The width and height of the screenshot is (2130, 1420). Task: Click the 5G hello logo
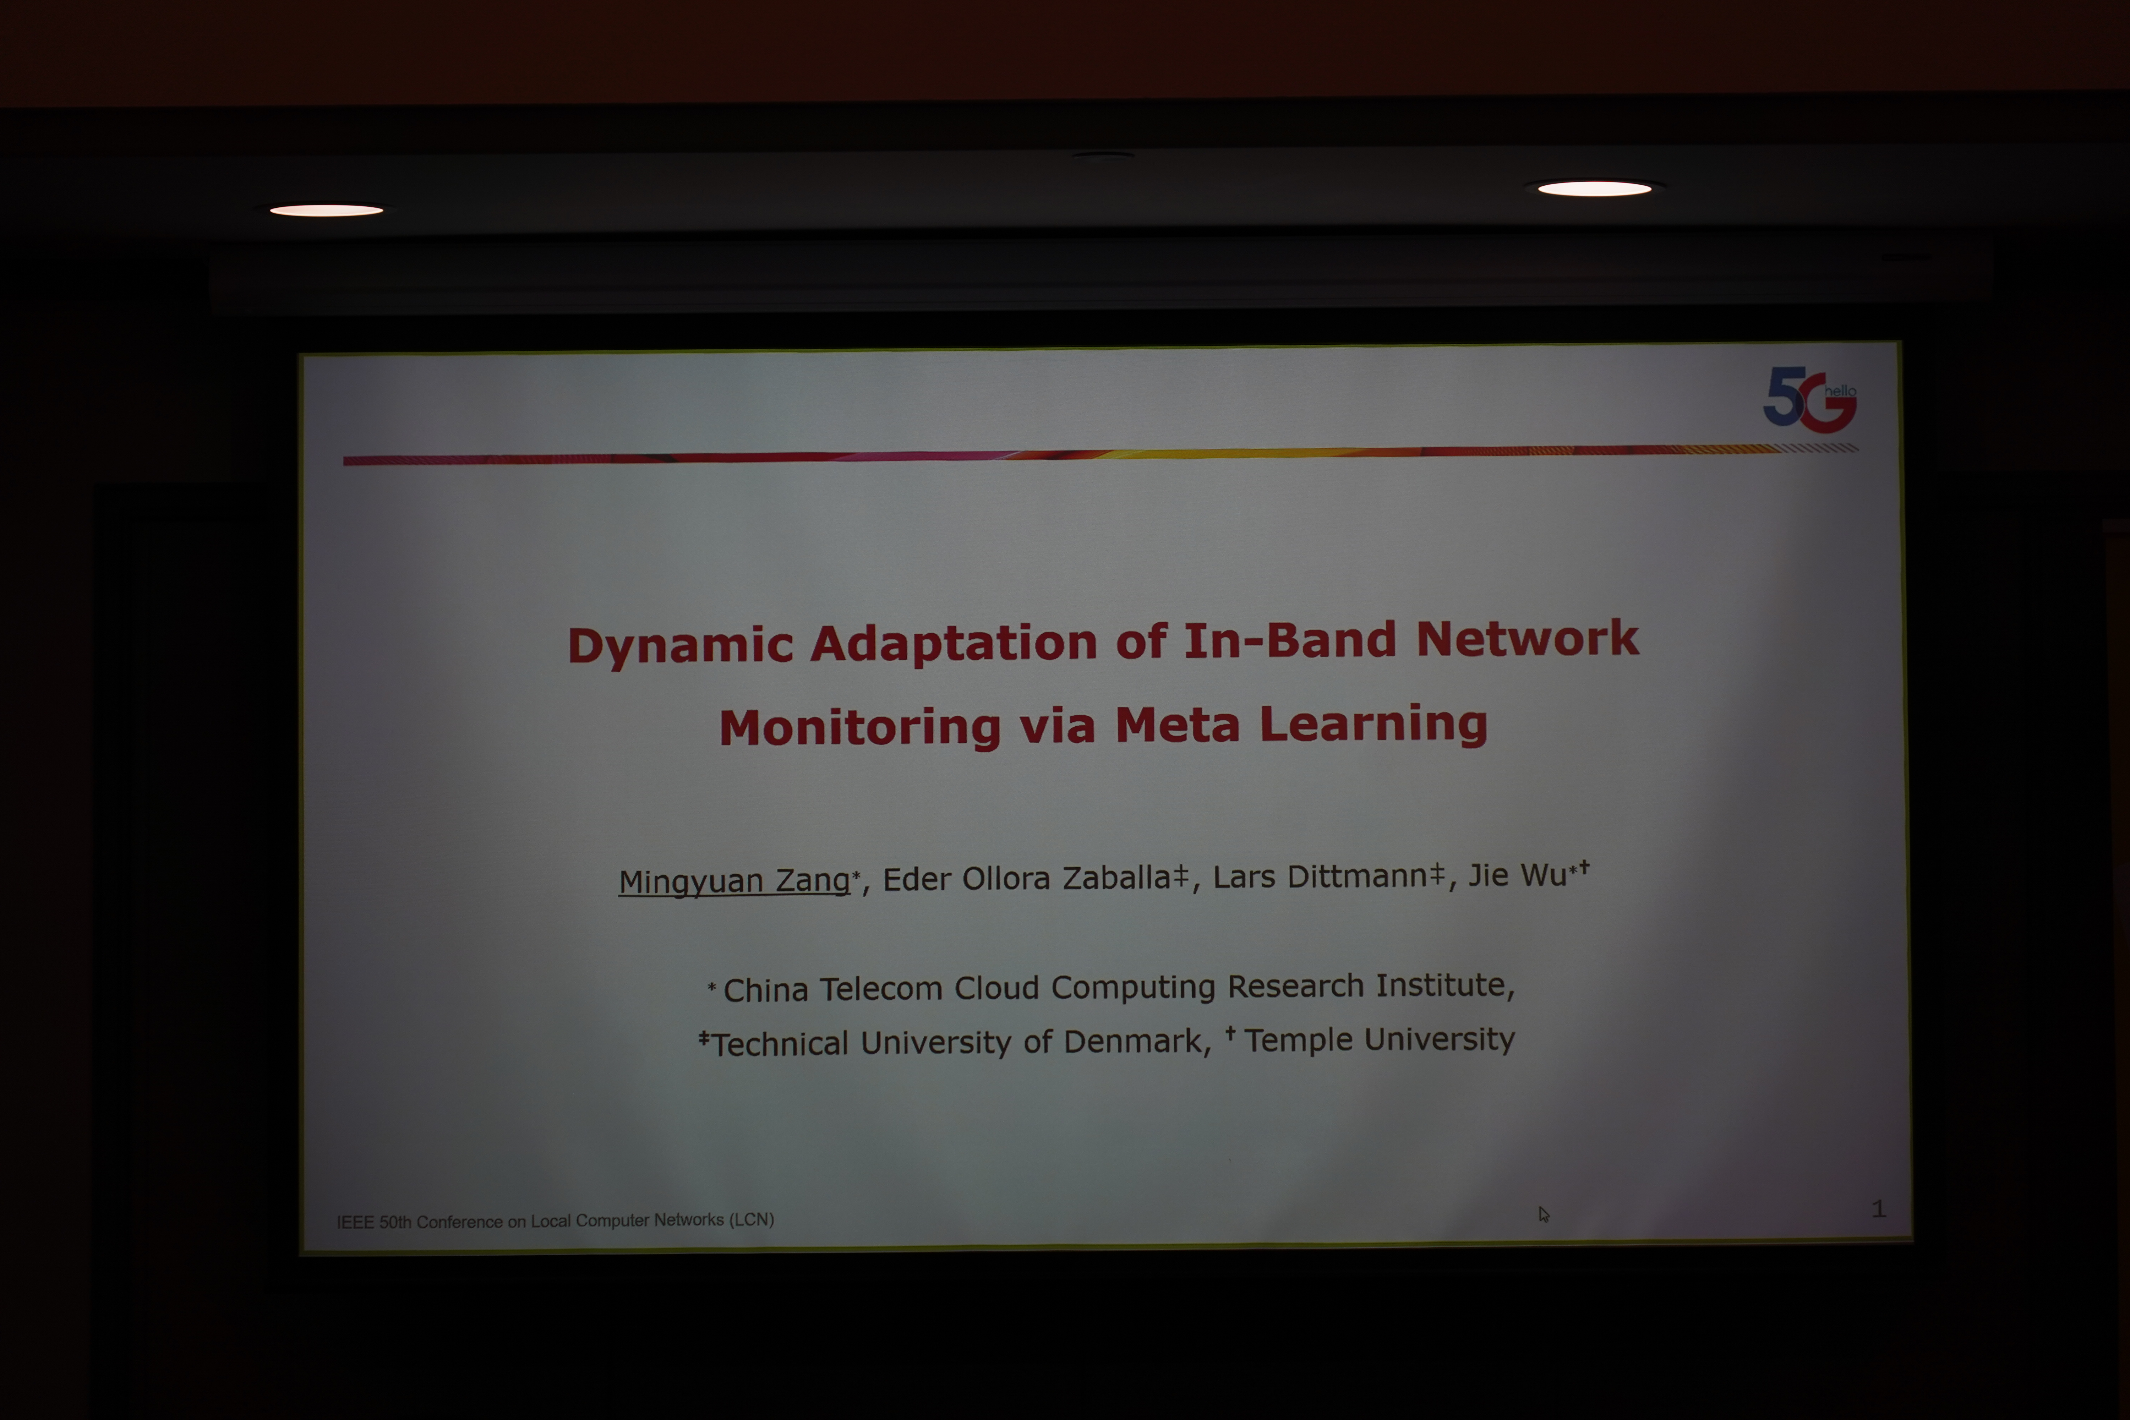tap(1809, 399)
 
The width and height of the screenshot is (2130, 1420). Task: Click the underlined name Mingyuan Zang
tap(733, 880)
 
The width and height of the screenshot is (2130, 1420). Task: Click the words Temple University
tap(1378, 1040)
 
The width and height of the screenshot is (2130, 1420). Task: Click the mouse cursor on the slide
tap(1543, 1214)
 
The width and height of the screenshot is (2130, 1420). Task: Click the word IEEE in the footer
tap(355, 1223)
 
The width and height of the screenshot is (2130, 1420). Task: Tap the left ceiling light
tap(326, 210)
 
